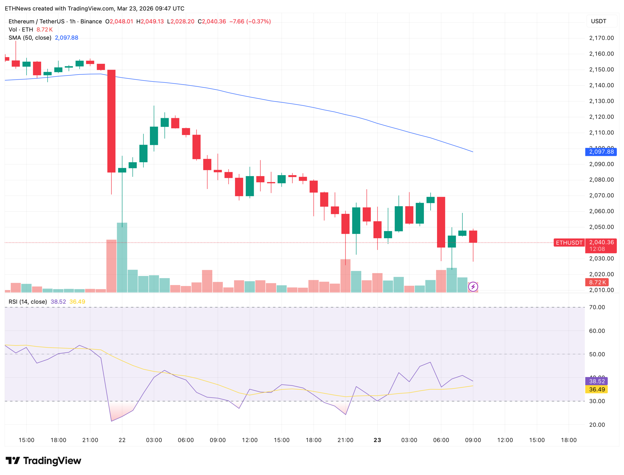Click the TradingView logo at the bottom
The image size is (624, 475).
(43, 461)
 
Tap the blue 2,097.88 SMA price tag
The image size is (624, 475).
(601, 152)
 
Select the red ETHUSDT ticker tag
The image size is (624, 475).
(569, 243)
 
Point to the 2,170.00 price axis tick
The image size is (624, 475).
(601, 38)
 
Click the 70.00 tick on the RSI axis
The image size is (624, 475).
(597, 307)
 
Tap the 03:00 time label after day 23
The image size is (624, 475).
(409, 440)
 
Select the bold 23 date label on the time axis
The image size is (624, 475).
(377, 440)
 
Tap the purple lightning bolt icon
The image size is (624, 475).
(473, 287)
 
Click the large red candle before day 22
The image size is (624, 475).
(111, 121)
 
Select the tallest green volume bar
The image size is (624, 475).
(122, 257)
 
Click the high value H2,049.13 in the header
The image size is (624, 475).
(150, 21)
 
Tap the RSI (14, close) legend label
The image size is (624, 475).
(28, 302)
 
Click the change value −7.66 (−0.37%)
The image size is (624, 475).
(250, 21)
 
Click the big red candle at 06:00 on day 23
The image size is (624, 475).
(441, 222)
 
